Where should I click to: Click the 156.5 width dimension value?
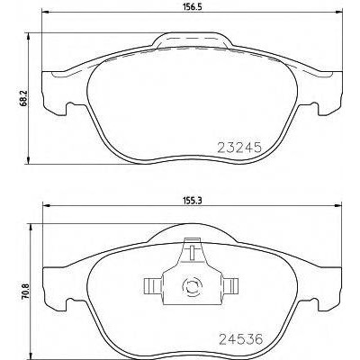click(192, 7)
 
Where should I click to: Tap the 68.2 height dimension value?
click(25, 98)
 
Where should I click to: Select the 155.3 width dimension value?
click(192, 201)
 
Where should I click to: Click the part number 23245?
click(239, 148)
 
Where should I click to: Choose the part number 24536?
click(240, 339)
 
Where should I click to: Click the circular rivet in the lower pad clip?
click(192, 287)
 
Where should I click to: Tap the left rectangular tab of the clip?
click(153, 285)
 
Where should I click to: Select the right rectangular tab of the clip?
click(230, 285)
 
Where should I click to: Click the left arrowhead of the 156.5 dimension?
click(45, 12)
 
